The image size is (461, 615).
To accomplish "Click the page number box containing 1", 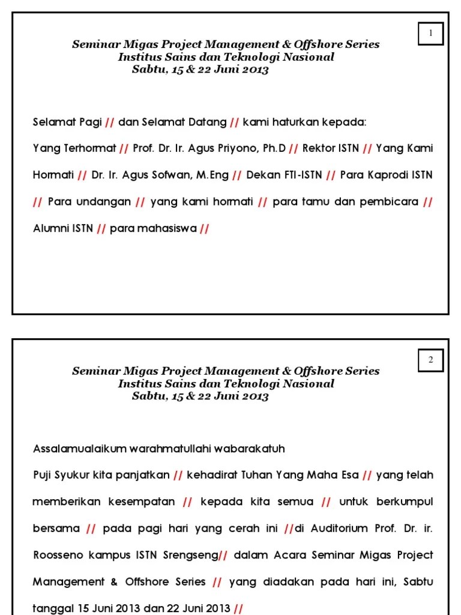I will [430, 34].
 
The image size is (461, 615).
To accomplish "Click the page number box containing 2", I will [430, 360].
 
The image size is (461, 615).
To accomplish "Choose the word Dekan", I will [263, 175].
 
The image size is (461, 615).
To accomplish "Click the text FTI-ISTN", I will [303, 175].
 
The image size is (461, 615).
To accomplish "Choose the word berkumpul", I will [404, 501].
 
